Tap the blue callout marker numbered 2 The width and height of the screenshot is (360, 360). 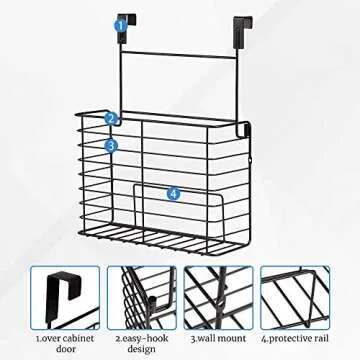[x=111, y=118]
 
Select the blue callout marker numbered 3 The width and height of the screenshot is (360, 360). [x=111, y=145]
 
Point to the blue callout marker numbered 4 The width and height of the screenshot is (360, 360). [x=173, y=193]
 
